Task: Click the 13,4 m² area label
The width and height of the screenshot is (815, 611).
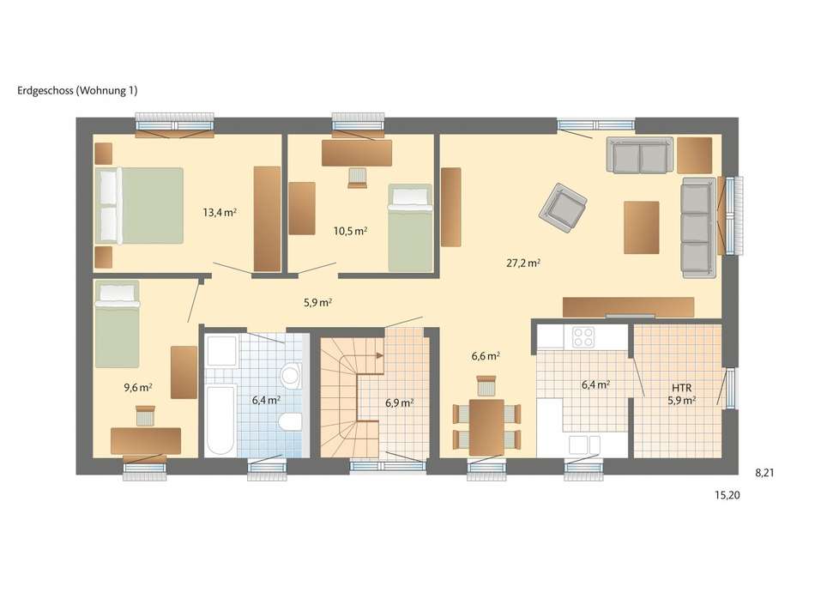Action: tap(219, 212)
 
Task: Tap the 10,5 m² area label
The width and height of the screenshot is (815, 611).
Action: tap(350, 230)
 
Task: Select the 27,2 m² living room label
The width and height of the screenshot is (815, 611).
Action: tap(522, 263)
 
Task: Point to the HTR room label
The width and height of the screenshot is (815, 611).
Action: tap(683, 386)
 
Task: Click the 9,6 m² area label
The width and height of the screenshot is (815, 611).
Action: tap(138, 387)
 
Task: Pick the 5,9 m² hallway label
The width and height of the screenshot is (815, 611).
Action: tap(317, 302)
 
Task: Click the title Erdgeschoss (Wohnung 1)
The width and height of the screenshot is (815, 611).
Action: tap(77, 90)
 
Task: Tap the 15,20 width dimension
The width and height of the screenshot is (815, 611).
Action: tap(727, 495)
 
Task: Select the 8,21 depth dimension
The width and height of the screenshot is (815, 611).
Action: tap(765, 472)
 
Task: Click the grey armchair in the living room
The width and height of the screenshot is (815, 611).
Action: tap(564, 206)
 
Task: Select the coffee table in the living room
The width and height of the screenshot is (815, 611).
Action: tap(642, 227)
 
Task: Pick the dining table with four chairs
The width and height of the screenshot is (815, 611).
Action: tap(486, 426)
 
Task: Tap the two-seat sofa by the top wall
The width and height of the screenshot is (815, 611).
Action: tap(639, 155)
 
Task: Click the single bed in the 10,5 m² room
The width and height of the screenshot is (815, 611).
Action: tap(410, 227)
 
